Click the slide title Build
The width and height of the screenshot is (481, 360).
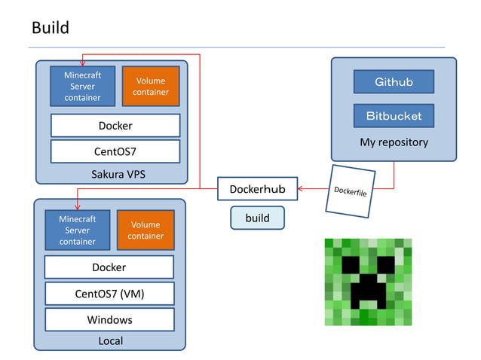click(x=51, y=28)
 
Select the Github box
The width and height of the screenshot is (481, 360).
click(x=394, y=81)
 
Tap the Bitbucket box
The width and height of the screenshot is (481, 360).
click(x=394, y=115)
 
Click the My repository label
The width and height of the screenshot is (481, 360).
click(x=394, y=142)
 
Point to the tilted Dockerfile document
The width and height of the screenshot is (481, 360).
click(x=349, y=191)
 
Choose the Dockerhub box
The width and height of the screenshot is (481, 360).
click(x=257, y=189)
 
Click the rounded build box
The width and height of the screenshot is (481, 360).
click(x=257, y=218)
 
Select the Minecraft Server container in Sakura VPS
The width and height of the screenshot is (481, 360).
click(x=82, y=87)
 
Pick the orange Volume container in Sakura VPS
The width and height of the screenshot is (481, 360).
click(x=151, y=87)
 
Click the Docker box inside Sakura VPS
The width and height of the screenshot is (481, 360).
click(x=115, y=126)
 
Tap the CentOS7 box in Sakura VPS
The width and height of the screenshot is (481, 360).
click(x=115, y=151)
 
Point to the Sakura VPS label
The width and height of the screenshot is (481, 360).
click(x=118, y=175)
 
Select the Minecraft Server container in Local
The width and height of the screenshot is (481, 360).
click(x=77, y=230)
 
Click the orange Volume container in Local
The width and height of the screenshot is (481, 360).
click(x=146, y=230)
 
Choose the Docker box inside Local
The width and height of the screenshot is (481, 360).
click(x=109, y=267)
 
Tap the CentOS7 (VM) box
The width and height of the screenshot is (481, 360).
click(x=109, y=293)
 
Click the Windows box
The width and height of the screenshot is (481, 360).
click(x=109, y=319)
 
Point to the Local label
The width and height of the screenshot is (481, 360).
click(x=110, y=341)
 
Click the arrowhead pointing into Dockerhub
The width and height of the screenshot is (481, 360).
click(x=301, y=189)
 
